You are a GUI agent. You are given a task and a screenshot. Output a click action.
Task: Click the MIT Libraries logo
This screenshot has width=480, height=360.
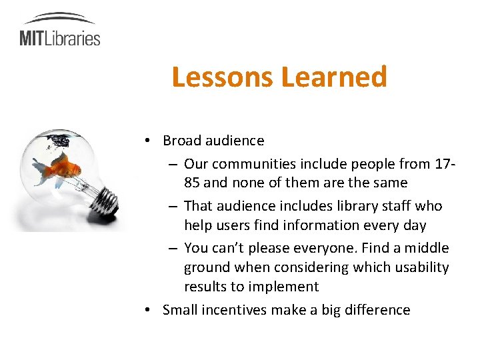(60, 30)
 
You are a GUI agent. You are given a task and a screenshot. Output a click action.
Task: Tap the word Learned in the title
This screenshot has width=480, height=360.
(334, 77)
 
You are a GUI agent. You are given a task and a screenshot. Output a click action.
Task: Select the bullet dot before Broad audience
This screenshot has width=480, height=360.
(153, 141)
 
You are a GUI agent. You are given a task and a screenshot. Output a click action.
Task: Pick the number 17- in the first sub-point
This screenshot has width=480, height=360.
(445, 163)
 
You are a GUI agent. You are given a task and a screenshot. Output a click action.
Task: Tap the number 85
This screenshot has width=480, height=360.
(193, 183)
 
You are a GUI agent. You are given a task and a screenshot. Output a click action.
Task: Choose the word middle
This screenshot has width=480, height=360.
(428, 248)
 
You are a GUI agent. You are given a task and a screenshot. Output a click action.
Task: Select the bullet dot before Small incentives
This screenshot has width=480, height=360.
(153, 310)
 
